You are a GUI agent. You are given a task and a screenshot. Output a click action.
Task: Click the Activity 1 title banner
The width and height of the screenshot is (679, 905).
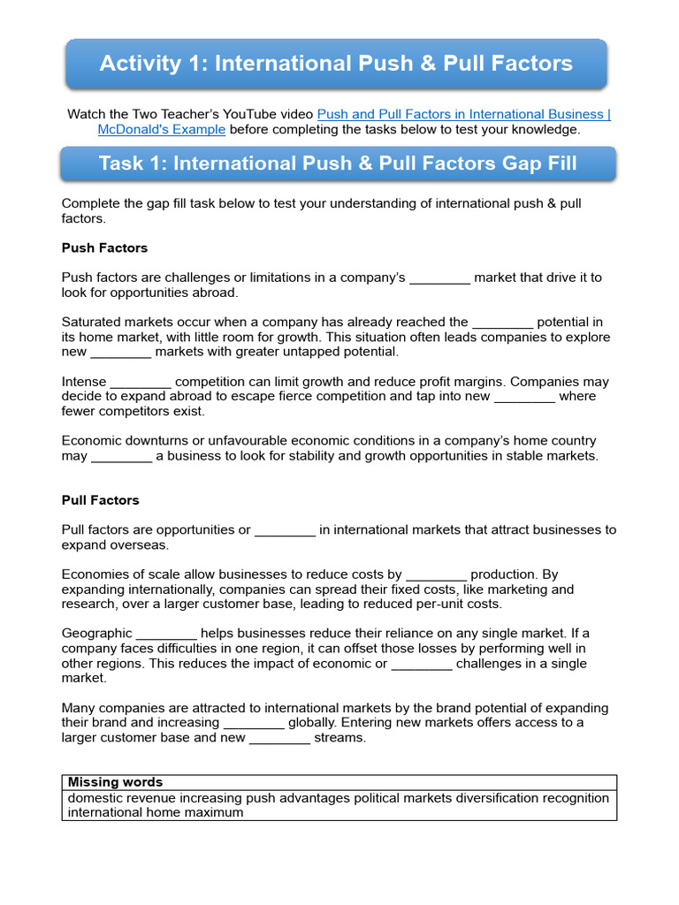coord(336,64)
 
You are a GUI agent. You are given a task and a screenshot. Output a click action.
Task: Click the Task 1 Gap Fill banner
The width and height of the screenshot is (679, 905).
coord(338,164)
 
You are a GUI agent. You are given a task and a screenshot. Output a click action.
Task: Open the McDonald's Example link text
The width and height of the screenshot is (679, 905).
coord(162,129)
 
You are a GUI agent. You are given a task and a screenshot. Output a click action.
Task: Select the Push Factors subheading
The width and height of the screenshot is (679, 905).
coord(104,247)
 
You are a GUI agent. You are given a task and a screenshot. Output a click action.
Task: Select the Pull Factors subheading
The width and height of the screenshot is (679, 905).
coord(100,500)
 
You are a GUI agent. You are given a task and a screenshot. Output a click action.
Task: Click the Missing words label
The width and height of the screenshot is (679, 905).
coord(115,782)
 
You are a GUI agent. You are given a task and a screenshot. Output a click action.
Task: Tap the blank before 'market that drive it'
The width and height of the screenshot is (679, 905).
coord(440,278)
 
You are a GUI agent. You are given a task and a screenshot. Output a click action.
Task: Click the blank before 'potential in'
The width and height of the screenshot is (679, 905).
coord(503,323)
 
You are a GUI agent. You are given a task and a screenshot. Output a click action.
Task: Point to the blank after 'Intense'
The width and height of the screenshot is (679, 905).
coord(141,383)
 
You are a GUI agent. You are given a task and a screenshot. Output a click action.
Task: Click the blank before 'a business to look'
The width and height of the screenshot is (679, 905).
coord(122,457)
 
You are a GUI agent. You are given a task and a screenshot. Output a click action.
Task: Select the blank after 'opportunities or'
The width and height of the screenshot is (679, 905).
coord(285,531)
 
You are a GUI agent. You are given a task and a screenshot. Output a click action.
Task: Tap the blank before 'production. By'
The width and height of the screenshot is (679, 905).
coord(436,575)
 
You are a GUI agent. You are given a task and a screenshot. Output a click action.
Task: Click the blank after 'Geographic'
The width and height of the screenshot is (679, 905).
coord(167,635)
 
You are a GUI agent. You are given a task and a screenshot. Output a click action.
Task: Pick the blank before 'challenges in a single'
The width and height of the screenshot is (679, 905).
coord(422,665)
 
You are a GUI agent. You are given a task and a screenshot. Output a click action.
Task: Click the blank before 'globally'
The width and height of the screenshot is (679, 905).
coord(254,724)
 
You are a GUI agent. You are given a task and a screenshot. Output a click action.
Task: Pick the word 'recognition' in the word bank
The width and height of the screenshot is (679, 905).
coord(575,798)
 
